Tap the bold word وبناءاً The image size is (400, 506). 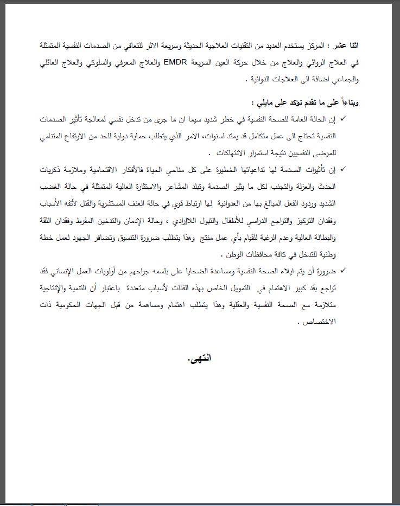(x=347, y=102)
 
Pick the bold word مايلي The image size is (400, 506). (x=264, y=102)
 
